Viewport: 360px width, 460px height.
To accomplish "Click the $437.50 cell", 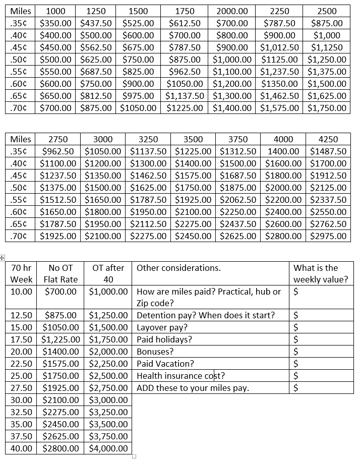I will pos(99,23).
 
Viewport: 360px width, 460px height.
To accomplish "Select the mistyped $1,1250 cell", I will pos(326,47).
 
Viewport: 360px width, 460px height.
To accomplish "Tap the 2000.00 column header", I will pos(232,11).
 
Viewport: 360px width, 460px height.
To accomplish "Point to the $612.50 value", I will pos(185,23).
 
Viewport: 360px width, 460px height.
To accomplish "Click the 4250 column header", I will pos(328,139).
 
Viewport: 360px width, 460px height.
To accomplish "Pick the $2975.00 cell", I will pos(328,236).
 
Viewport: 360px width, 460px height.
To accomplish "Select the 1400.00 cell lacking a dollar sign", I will pos(283,151).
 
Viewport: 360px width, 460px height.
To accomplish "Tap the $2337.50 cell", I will pos(328,200).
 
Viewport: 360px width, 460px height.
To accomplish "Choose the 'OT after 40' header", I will pos(108,273).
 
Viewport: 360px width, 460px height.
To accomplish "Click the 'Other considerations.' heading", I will pos(178,268).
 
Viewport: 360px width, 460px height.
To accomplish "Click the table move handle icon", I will pos(3,258).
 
